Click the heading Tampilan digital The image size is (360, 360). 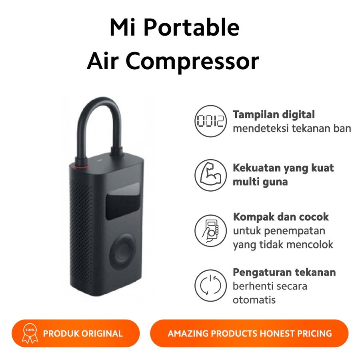pyautogui.click(x=274, y=115)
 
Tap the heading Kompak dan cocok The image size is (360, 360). pyautogui.click(x=281, y=217)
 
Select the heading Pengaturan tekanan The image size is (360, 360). pyautogui.click(x=284, y=273)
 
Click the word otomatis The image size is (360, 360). pyautogui.click(x=254, y=300)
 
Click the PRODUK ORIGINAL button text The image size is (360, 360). pyautogui.click(x=82, y=333)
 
